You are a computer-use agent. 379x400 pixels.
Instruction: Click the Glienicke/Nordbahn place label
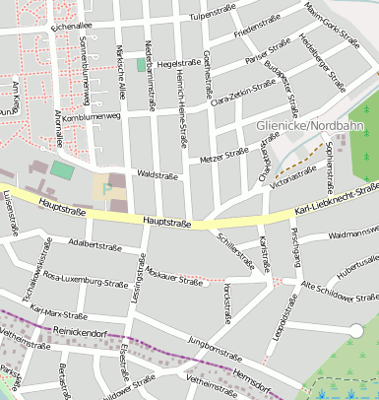304,126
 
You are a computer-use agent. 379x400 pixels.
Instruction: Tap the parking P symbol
106,187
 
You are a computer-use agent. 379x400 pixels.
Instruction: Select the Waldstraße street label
158,173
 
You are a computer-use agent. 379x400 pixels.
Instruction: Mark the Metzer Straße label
223,154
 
